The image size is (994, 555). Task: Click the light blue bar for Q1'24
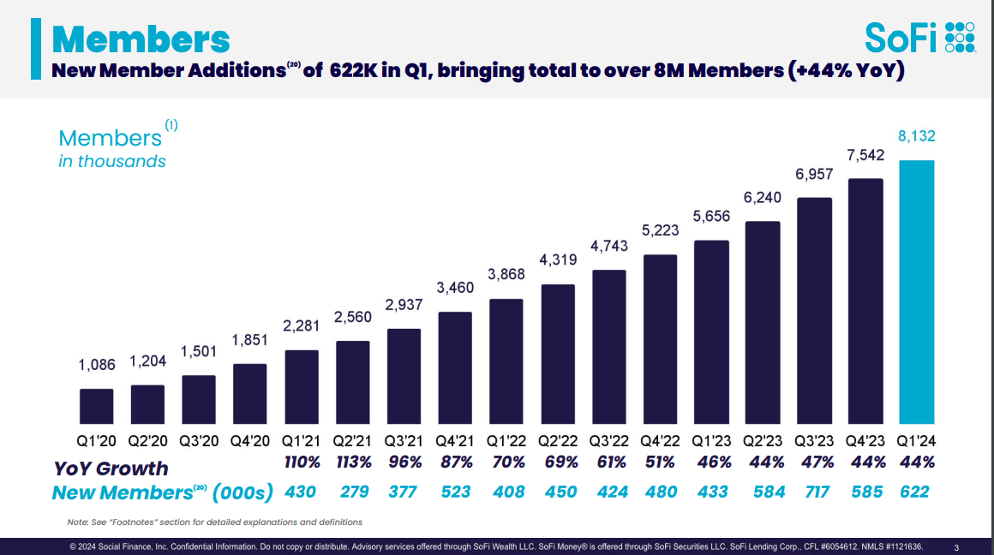(x=916, y=292)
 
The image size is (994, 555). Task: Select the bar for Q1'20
(x=96, y=407)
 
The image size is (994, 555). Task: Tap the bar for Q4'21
(x=455, y=368)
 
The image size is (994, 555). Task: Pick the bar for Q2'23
(x=763, y=323)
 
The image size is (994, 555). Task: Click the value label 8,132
(x=916, y=136)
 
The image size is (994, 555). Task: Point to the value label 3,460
(x=455, y=288)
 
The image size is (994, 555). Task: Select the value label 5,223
(x=660, y=230)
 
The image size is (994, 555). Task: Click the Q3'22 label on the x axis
(x=608, y=441)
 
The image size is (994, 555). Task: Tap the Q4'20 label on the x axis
(x=250, y=441)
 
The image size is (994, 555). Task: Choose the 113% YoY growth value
(x=353, y=462)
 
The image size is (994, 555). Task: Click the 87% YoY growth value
(x=455, y=462)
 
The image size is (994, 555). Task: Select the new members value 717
(x=814, y=492)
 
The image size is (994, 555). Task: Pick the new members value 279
(x=353, y=492)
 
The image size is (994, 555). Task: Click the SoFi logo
(x=919, y=38)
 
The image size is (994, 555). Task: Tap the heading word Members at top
(x=141, y=39)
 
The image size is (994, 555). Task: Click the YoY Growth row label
(x=111, y=468)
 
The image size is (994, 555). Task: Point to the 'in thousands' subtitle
(x=111, y=161)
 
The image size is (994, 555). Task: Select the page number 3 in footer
(x=956, y=547)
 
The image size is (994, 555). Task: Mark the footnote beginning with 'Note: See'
(x=214, y=522)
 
